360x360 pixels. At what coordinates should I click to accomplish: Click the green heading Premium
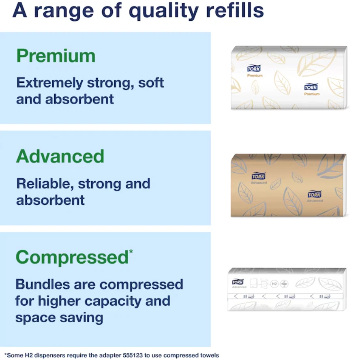click(x=56, y=56)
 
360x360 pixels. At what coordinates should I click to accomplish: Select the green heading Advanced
click(x=60, y=156)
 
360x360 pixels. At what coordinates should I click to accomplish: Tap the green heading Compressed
click(x=72, y=257)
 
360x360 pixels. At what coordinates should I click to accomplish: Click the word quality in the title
click(x=164, y=11)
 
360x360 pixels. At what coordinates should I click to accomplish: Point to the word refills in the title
click(x=235, y=10)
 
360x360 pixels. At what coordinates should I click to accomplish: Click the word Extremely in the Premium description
click(x=50, y=83)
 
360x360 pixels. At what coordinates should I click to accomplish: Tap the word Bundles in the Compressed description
click(x=43, y=285)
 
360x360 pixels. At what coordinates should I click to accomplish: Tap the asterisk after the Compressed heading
click(x=131, y=252)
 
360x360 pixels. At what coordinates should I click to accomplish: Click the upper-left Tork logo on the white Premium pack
click(x=254, y=68)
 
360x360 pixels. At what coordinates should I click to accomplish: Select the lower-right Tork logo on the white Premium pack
click(x=311, y=87)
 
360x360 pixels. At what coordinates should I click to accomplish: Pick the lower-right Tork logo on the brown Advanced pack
click(x=314, y=194)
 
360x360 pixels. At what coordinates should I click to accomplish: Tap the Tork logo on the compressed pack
click(x=238, y=282)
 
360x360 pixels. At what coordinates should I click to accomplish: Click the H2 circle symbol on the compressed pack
click(x=274, y=284)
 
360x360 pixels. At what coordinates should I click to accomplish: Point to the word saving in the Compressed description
click(x=81, y=318)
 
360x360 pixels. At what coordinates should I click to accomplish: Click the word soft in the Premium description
click(x=151, y=83)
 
